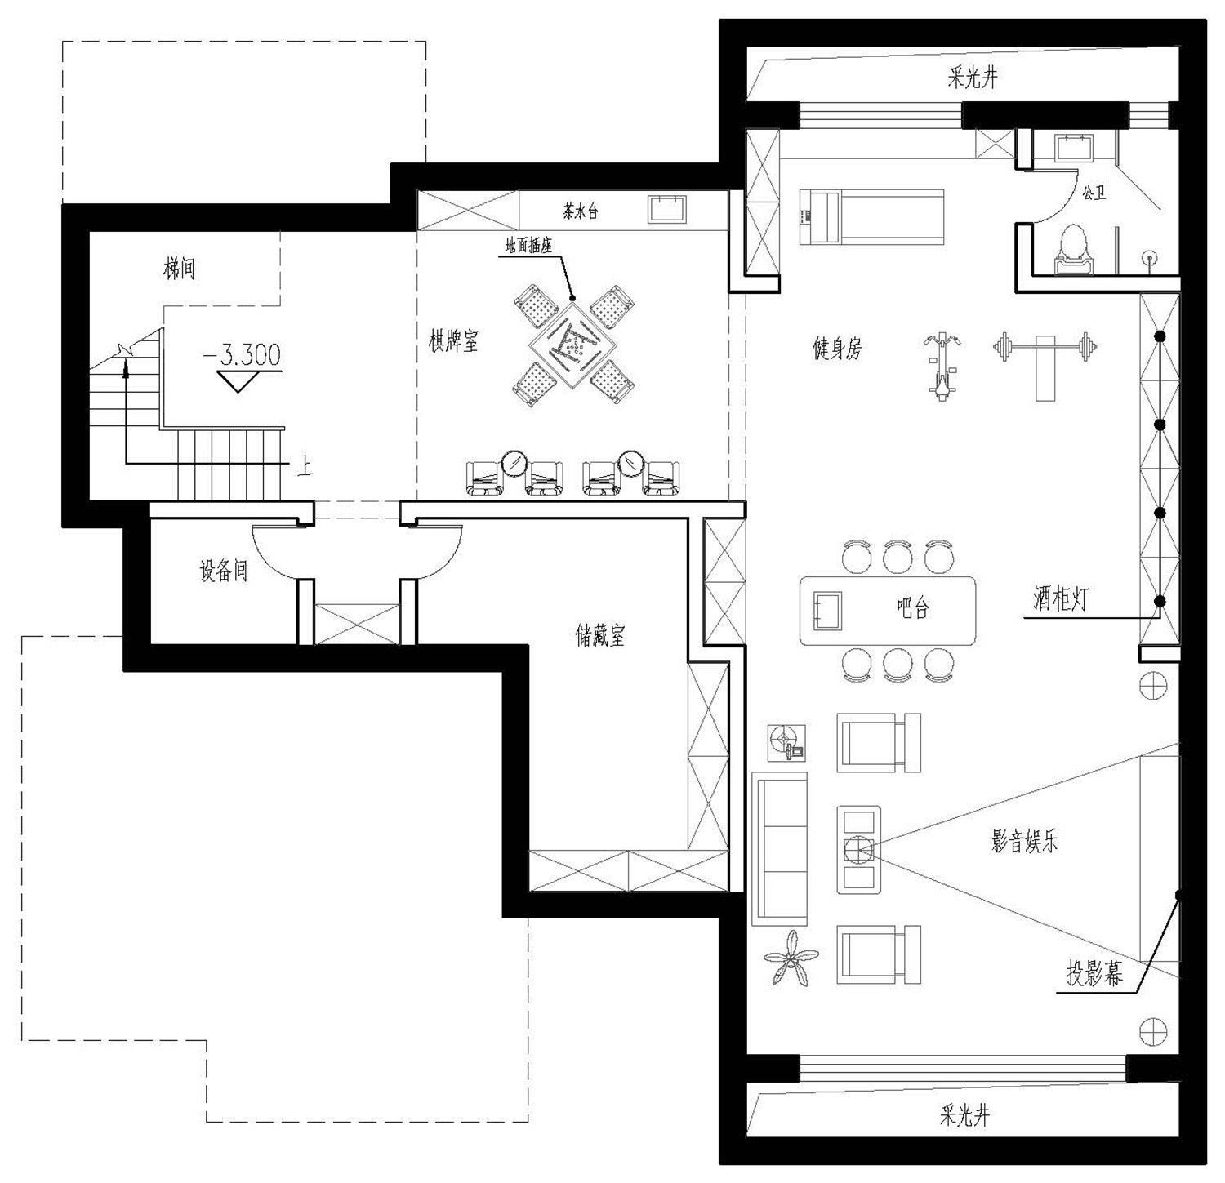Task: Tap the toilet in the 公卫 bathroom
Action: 1073,249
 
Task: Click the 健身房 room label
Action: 837,349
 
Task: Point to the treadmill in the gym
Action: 871,216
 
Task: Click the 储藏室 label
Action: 601,634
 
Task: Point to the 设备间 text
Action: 224,570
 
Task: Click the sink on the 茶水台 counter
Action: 667,208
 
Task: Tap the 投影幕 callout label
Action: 1094,974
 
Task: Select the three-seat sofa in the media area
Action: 779,849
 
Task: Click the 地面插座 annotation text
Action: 528,246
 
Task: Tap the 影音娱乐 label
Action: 1025,842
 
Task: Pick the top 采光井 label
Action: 972,78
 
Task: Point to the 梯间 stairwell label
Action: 180,268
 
